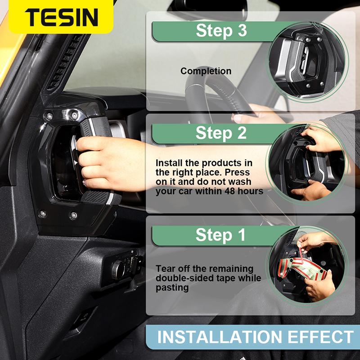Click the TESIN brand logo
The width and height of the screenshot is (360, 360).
coord(61,17)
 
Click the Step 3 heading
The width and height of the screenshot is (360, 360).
coord(221,31)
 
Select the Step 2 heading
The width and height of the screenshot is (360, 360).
coord(221,133)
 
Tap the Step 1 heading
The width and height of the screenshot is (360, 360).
coord(221,235)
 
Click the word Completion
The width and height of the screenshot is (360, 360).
coord(206,71)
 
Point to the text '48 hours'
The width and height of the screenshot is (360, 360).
coord(247,191)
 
